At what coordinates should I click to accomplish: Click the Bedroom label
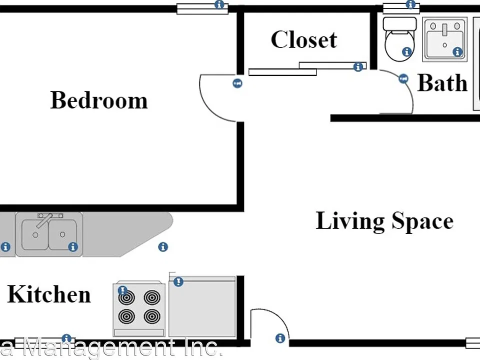pos(99,100)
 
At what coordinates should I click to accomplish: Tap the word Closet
pos(304,39)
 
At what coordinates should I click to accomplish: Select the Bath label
pos(442,82)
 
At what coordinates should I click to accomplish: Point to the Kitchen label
pos(49,294)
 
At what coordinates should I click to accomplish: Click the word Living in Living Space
pos(350,221)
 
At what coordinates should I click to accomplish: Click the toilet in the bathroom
pos(399,39)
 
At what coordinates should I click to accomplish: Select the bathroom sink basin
pos(445,39)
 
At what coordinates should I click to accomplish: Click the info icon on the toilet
pos(407,51)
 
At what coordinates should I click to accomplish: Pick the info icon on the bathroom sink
pos(457,51)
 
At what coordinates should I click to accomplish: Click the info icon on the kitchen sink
pos(73,246)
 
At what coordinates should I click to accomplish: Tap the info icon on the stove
pos(122,290)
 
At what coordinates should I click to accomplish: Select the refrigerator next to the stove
pos(202,306)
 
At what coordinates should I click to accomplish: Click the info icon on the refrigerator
pos(178,281)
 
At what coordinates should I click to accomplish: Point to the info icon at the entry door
pos(280,338)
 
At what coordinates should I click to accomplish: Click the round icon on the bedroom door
pos(237,83)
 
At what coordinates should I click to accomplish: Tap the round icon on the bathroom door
pos(403,78)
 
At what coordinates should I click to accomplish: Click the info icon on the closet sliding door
pos(358,66)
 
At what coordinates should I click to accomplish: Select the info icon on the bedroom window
pos(219,4)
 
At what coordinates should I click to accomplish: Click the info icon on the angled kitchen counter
pos(163,246)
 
